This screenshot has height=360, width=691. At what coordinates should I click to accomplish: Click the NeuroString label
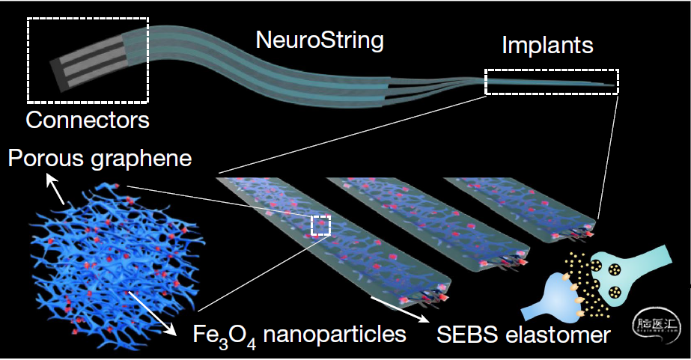point(320,40)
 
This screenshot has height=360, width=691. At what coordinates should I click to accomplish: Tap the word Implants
point(548,46)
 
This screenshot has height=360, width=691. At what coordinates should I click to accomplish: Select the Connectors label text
point(88,120)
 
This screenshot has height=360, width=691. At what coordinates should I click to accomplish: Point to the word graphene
point(141,159)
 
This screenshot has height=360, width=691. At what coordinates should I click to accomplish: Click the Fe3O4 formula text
point(225,336)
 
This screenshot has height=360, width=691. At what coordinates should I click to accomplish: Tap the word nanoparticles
point(335,335)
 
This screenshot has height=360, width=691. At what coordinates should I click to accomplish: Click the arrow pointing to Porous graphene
point(55,189)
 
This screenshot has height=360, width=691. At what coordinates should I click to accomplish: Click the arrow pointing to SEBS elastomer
point(399,309)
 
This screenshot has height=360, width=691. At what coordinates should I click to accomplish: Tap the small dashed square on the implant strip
point(321,225)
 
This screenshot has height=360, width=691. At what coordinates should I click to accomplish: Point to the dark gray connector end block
point(58,76)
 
